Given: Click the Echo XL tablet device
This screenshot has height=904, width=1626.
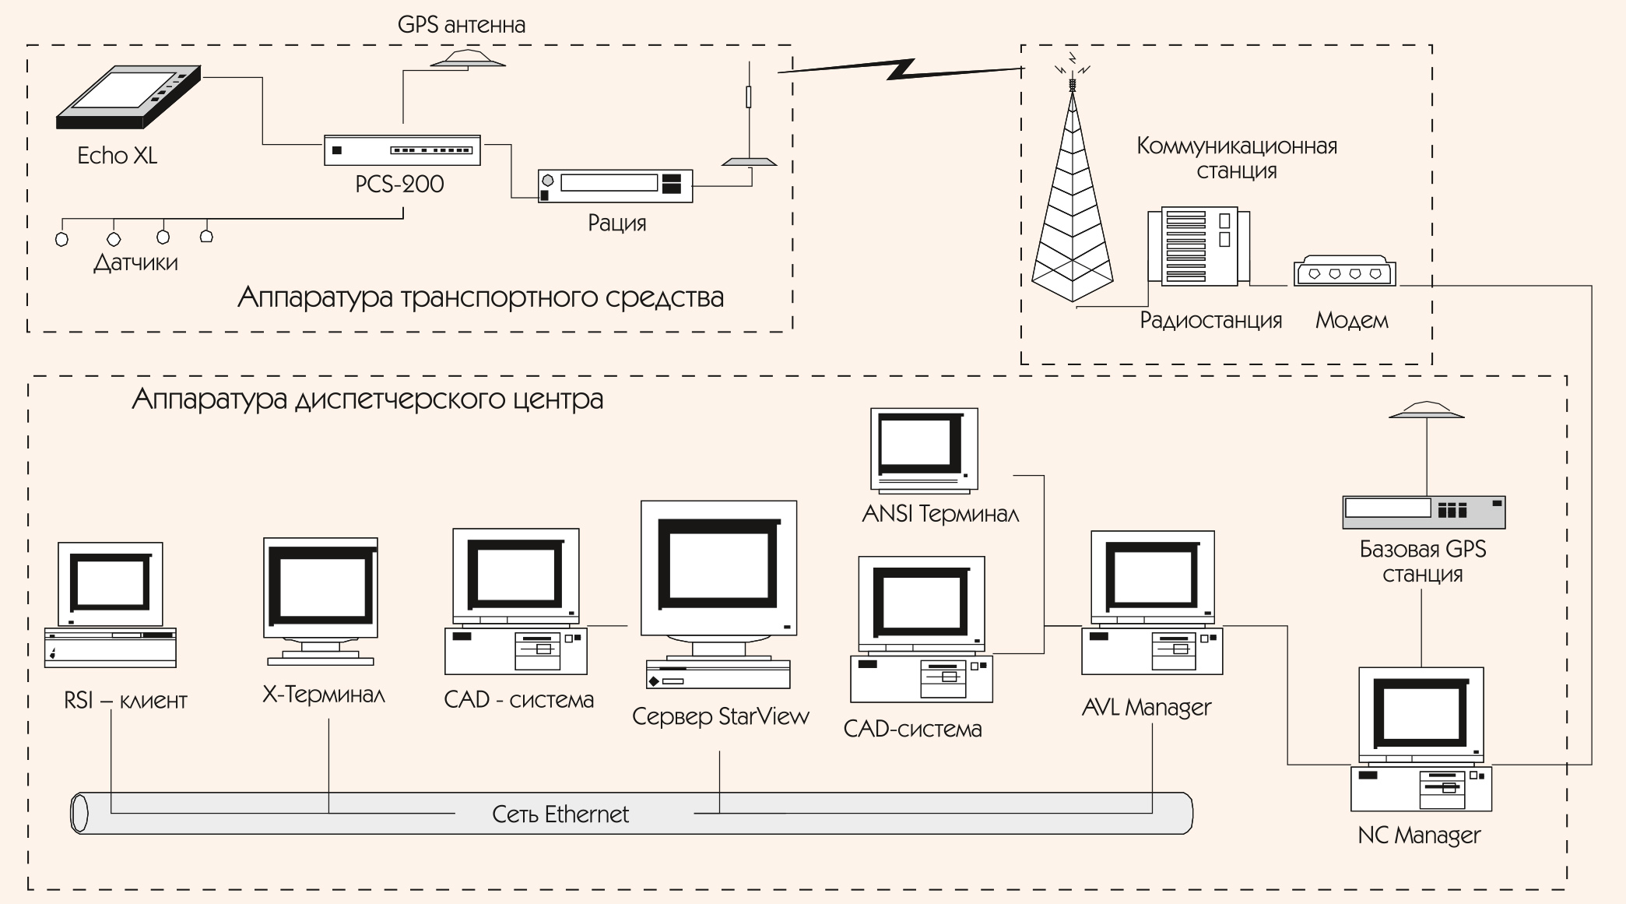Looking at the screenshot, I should point(128,97).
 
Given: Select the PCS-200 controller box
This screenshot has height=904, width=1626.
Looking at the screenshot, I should point(402,150).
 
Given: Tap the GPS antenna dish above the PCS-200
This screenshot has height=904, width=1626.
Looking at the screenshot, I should point(469,59).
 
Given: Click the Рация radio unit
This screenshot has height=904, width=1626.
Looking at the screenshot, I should point(615,186).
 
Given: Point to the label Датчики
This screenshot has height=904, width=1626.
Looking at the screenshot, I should point(135,262).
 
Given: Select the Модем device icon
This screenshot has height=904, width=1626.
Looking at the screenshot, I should point(1344,273).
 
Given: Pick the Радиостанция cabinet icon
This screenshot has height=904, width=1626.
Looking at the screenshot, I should point(1199,245).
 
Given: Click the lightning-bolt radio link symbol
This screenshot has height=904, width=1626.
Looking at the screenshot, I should point(901,69).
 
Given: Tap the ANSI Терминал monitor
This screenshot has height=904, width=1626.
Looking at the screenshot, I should point(924,449).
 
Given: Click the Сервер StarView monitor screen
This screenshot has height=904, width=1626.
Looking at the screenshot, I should point(718,565).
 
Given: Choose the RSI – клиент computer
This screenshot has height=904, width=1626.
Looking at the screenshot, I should point(111,603).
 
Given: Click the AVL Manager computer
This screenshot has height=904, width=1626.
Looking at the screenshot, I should point(1152,603).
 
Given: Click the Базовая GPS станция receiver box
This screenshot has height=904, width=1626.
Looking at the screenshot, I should point(1424,512).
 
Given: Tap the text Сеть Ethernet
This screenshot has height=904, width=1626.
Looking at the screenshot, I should point(560,814).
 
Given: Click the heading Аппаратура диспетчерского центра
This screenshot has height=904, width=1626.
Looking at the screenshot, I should point(367,399).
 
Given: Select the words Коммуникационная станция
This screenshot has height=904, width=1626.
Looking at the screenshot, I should point(1236,158).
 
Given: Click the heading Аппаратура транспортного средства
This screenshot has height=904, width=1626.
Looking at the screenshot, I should point(480,297).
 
